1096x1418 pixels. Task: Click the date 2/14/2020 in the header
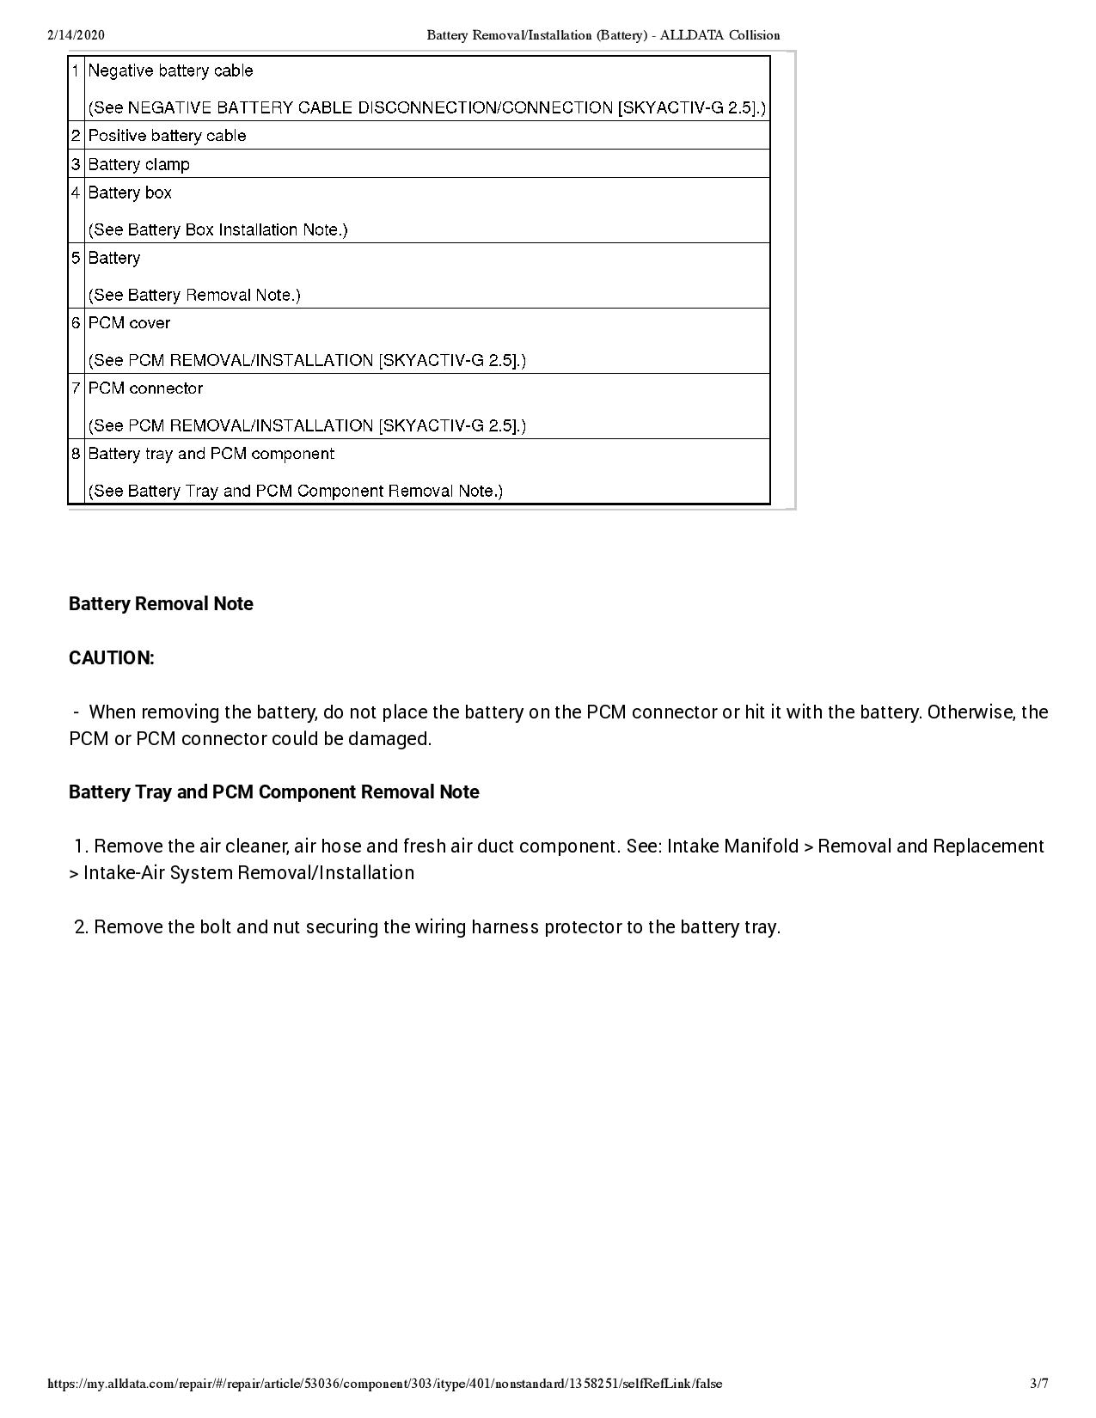[x=76, y=35]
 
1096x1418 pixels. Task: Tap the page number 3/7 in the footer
[x=1039, y=1384]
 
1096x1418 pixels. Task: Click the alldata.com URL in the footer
[x=385, y=1384]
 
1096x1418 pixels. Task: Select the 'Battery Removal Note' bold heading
[x=161, y=604]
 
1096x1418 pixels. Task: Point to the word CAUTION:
[x=112, y=658]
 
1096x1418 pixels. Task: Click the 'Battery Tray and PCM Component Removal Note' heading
[x=273, y=792]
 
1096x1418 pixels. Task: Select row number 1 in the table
[x=76, y=70]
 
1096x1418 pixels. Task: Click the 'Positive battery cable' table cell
[x=167, y=136]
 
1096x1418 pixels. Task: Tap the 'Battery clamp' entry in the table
[x=138, y=164]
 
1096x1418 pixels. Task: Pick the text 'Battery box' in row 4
[x=130, y=193]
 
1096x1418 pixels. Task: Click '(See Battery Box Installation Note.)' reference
[x=217, y=229]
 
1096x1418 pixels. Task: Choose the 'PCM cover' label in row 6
[x=129, y=323]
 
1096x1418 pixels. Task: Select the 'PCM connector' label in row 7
[x=145, y=388]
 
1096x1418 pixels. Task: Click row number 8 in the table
[x=76, y=454]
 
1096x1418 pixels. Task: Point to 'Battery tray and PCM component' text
[x=211, y=454]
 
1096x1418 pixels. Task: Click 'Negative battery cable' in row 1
[x=170, y=70]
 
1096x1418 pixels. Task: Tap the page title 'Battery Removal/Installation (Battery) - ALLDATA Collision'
[x=603, y=35]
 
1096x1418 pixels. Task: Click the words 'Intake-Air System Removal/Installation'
[x=248, y=873]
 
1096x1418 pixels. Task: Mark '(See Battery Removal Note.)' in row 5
[x=194, y=295]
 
